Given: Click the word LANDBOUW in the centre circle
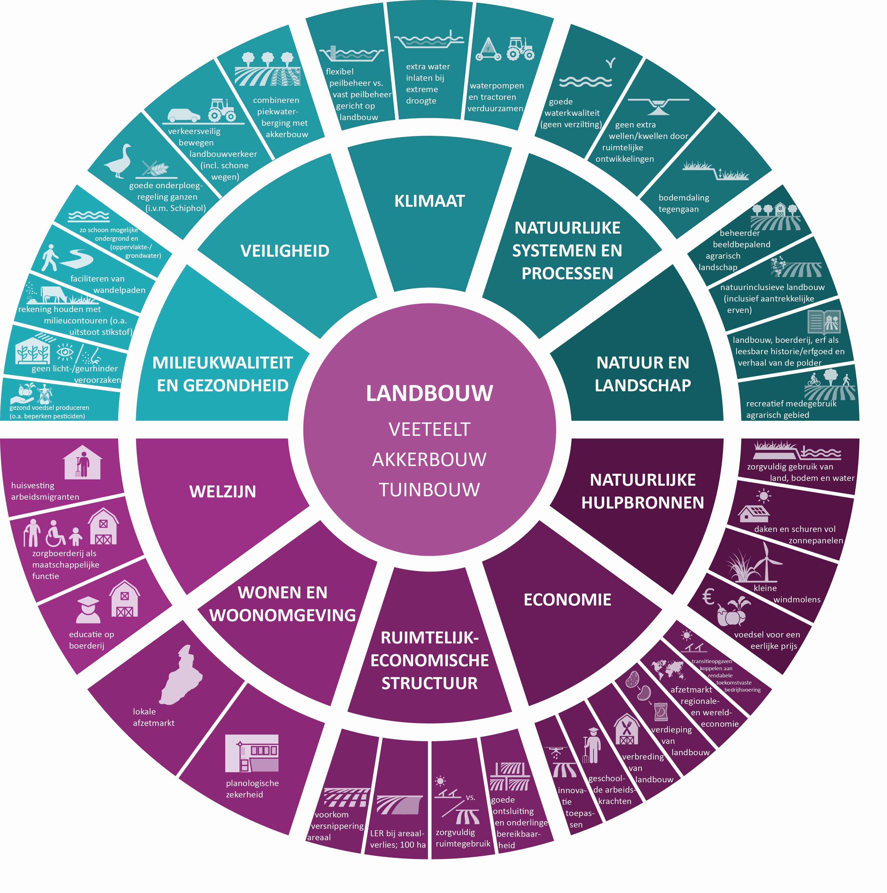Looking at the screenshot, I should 429,393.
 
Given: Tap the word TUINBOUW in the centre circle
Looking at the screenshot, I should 429,489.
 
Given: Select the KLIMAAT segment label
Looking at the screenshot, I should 429,201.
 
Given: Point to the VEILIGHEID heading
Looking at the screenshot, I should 285,251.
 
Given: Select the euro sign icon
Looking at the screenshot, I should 708,596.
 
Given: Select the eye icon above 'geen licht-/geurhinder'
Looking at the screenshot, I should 65,353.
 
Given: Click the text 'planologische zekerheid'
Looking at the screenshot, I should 252,789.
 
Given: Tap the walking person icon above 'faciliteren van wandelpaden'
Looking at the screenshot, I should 50,258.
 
